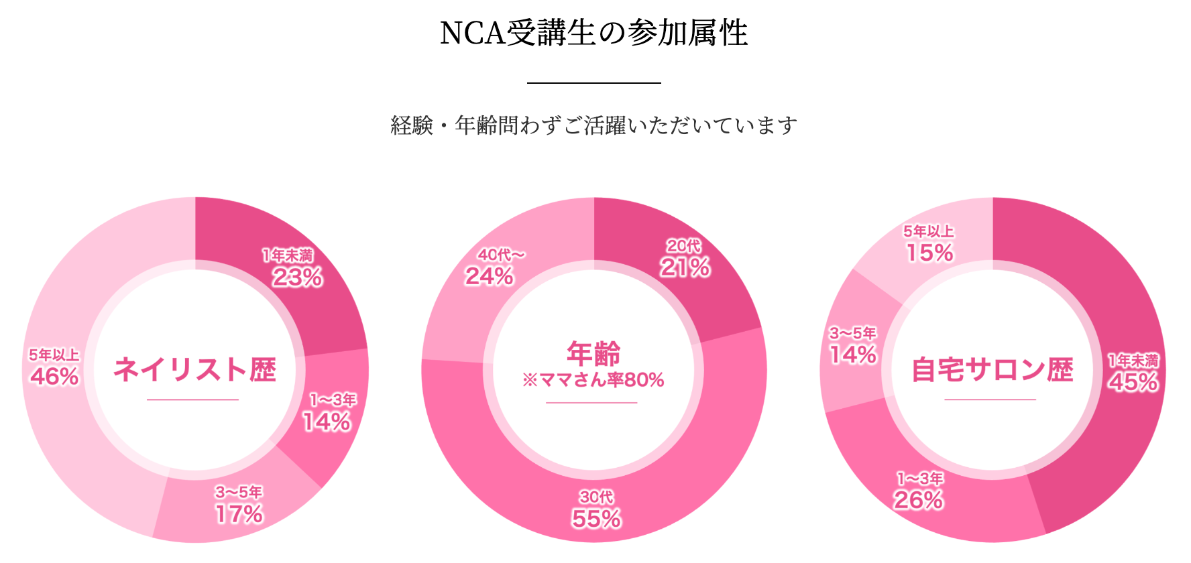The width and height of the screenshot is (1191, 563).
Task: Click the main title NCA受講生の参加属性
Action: [593, 34]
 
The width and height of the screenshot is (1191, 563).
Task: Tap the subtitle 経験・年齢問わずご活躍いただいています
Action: [593, 125]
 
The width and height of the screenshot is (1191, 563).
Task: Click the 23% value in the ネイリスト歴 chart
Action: [297, 277]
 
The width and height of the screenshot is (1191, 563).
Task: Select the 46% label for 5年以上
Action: [54, 376]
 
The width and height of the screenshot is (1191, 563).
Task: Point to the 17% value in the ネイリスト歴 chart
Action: [239, 514]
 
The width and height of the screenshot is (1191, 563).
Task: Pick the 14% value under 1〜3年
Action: [327, 422]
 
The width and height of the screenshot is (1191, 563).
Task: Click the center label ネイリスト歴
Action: [194, 369]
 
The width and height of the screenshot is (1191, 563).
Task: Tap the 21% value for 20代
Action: [685, 267]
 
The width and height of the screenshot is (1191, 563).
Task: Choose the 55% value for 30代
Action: [596, 518]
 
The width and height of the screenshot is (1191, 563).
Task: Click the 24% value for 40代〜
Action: [490, 275]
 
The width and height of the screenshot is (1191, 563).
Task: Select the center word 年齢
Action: [593, 353]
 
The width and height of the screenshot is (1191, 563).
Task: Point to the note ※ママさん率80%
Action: [593, 380]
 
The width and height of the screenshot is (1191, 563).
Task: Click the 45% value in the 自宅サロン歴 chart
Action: [1133, 381]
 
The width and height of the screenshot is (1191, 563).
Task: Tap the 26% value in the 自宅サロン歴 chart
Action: [919, 499]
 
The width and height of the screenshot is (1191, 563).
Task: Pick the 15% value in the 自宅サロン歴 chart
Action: [929, 253]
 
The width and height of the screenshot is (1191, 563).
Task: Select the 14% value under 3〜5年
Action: [853, 355]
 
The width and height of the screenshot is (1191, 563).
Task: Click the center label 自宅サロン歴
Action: [992, 369]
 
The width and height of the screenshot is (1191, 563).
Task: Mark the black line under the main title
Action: [593, 82]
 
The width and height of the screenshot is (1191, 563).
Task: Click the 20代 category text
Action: [683, 247]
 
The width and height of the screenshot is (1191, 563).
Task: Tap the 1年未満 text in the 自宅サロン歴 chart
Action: [1133, 361]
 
